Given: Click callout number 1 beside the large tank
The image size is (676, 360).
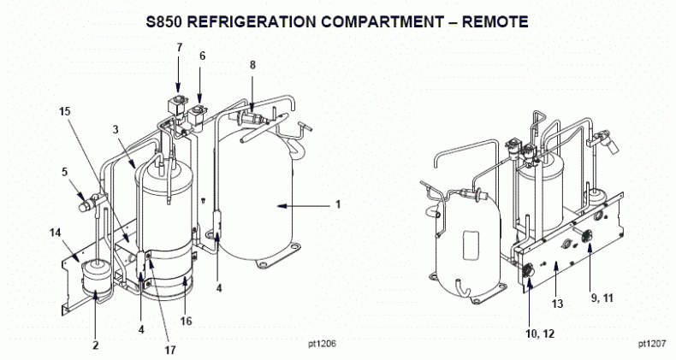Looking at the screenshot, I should (x=337, y=204).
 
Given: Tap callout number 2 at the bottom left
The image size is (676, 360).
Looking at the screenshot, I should (x=96, y=345).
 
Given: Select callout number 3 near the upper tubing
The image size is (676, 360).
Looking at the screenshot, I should (x=115, y=129).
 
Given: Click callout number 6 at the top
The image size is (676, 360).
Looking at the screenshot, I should (x=202, y=56).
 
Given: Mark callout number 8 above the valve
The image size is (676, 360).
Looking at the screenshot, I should (x=252, y=64).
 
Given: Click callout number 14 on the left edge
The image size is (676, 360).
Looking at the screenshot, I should (x=56, y=233).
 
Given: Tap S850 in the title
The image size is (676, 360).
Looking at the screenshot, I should (x=172, y=19).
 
